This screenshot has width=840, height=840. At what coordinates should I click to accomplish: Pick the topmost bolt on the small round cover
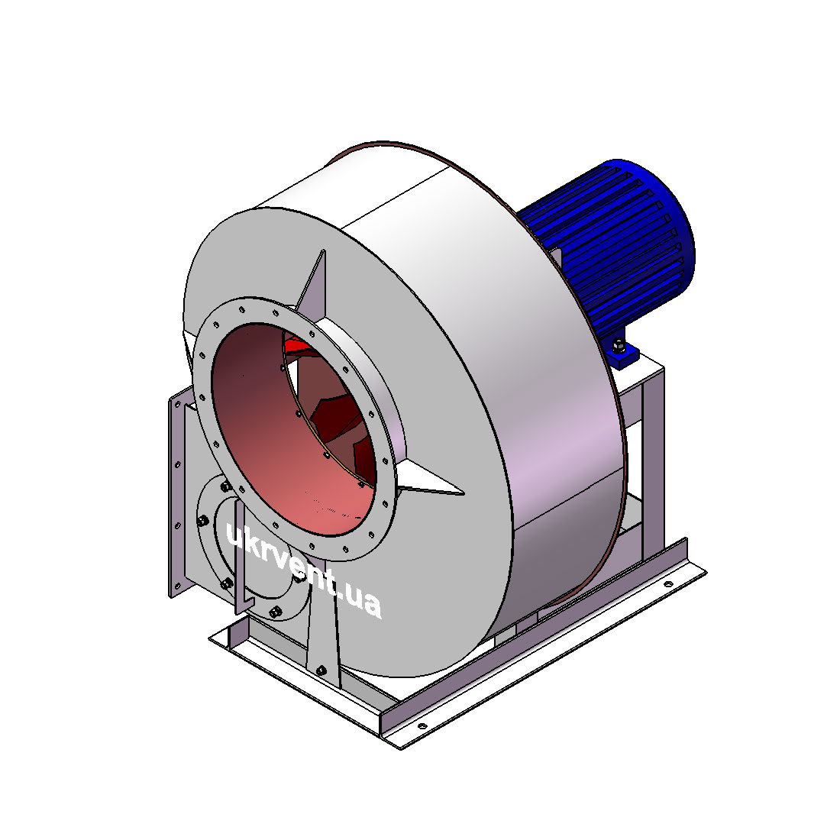[x=225, y=486]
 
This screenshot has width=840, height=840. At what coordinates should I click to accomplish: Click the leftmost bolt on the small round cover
[x=202, y=520]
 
